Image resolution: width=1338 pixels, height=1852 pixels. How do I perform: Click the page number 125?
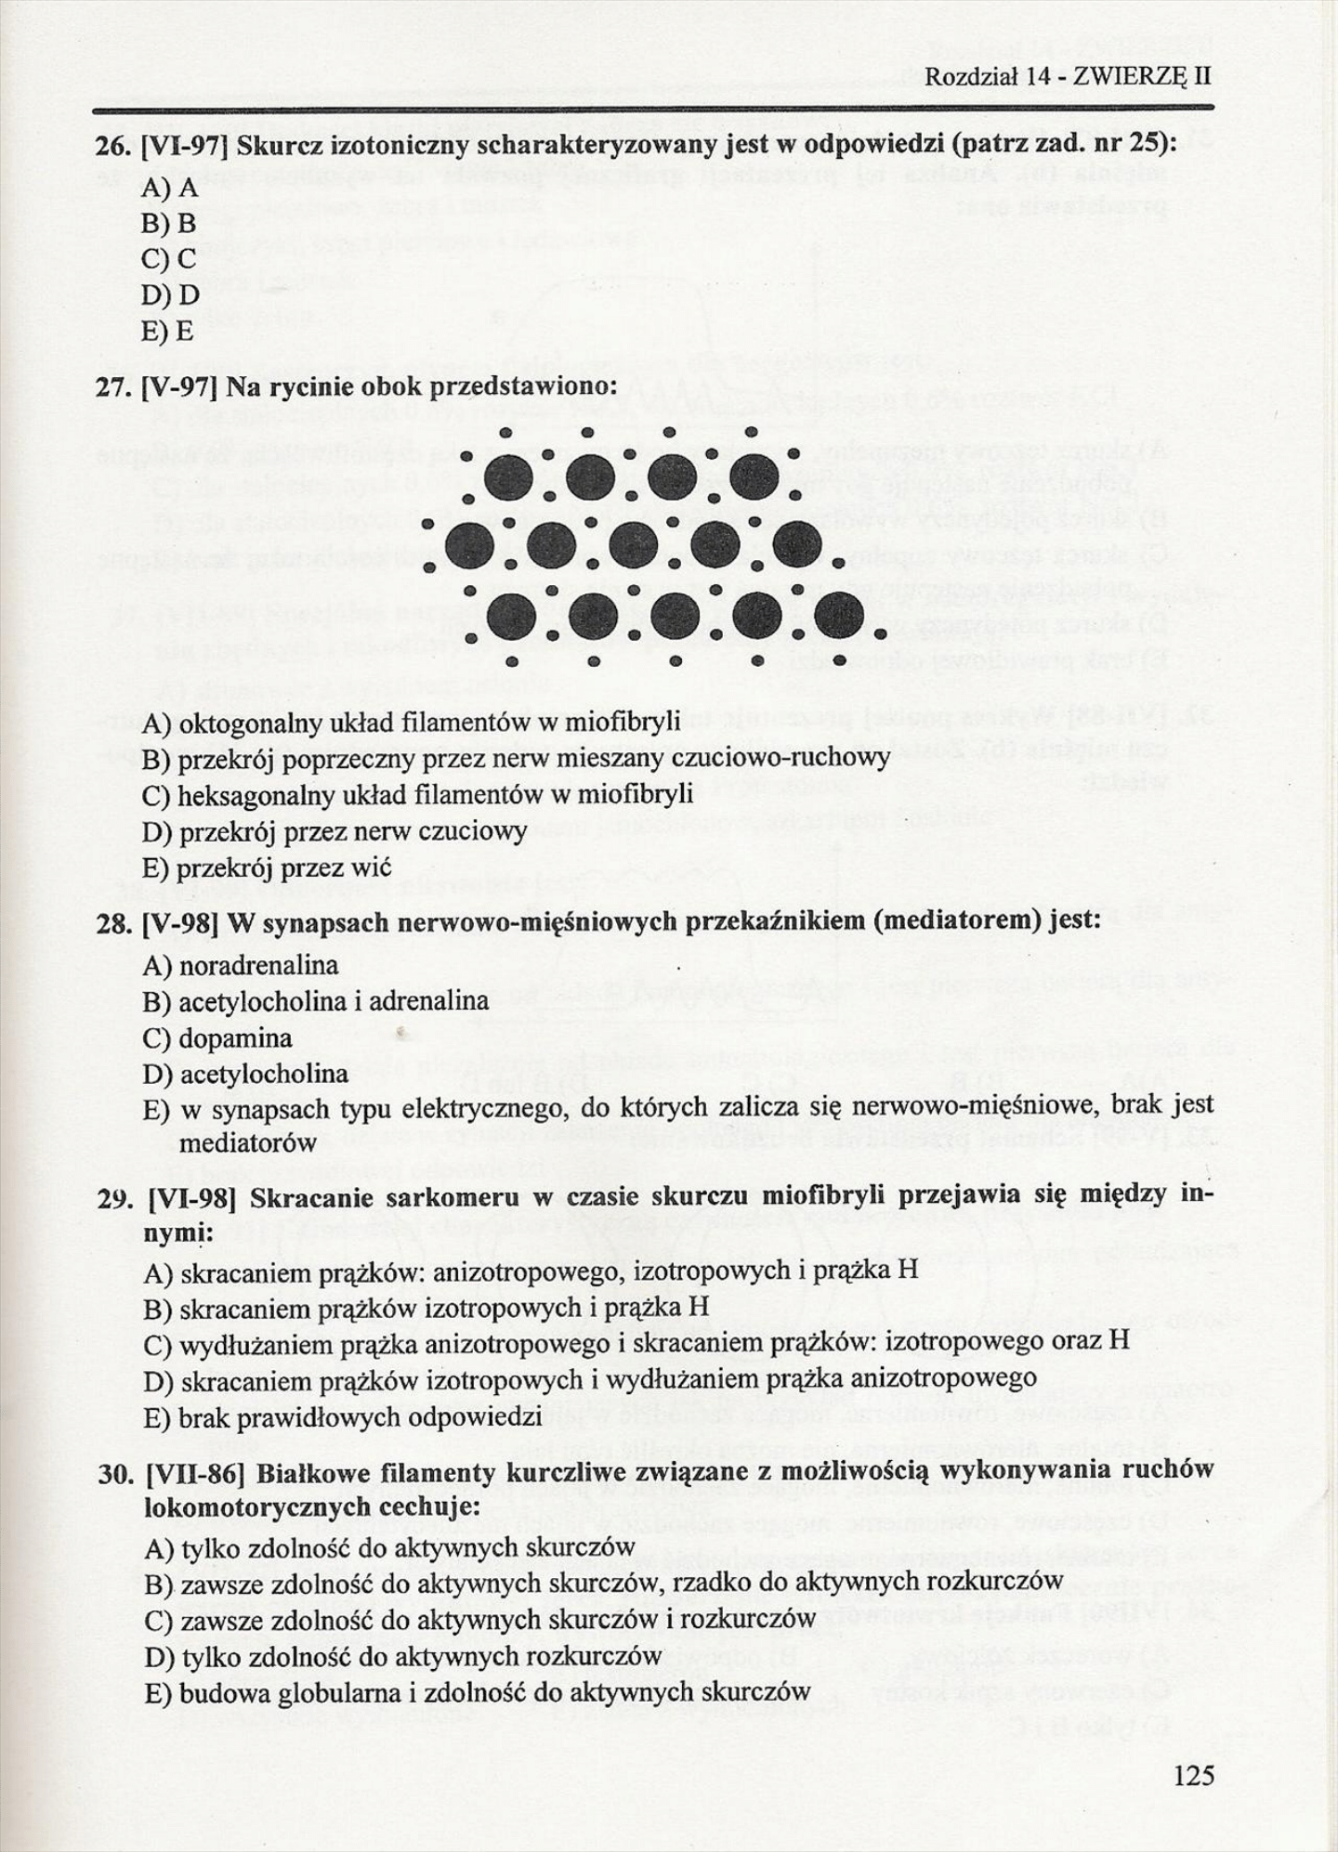[x=1193, y=1776]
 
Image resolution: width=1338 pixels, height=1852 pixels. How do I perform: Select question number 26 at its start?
[x=114, y=146]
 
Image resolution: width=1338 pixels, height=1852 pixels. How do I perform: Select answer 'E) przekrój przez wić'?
[x=267, y=867]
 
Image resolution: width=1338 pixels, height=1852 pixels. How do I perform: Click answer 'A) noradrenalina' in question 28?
[x=241, y=966]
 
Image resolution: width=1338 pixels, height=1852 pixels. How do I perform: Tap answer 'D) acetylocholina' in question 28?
[x=245, y=1075]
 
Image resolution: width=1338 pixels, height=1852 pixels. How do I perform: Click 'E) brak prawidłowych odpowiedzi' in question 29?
[x=343, y=1417]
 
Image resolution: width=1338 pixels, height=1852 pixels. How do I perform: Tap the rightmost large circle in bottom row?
[x=839, y=615]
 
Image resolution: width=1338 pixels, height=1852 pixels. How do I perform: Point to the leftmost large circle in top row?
[x=509, y=477]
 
